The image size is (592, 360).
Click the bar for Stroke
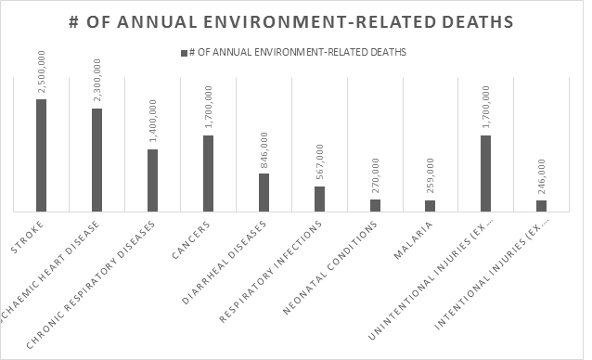pos(41,156)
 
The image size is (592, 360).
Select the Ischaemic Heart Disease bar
pos(97,161)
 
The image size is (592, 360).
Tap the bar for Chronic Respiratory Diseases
pos(152,181)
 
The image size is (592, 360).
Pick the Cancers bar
pos(208,174)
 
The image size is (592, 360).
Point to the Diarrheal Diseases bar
pos(264,193)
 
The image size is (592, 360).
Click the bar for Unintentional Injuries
pos(486,174)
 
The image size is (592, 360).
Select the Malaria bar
pos(431,206)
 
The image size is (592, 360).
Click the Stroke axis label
pos(31,235)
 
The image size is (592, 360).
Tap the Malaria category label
pos(417,238)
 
